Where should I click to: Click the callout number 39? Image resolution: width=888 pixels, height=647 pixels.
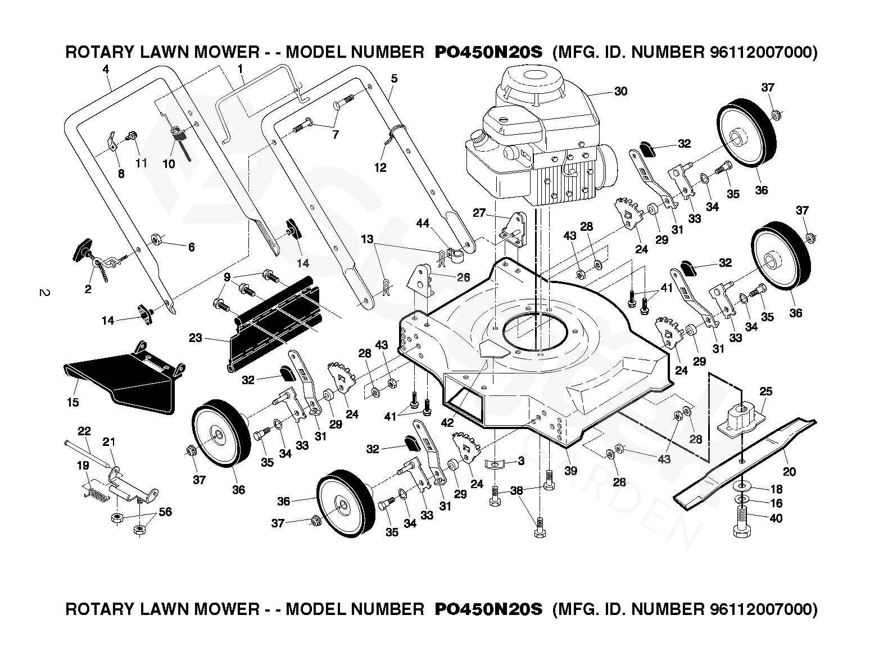pyautogui.click(x=570, y=471)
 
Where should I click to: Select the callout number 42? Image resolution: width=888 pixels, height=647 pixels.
pyautogui.click(x=447, y=423)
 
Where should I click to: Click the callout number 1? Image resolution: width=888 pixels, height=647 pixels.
pyautogui.click(x=241, y=70)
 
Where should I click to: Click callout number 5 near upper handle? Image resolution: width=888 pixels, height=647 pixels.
pyautogui.click(x=394, y=79)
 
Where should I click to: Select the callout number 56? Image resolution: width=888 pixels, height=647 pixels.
pyautogui.click(x=165, y=512)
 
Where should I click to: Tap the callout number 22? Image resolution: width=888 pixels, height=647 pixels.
pyautogui.click(x=84, y=431)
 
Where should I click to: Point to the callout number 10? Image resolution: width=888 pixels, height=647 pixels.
pyautogui.click(x=169, y=165)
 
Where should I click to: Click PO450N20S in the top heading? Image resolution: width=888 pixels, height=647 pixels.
pyautogui.click(x=488, y=53)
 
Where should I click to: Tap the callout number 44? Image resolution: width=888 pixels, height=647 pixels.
pyautogui.click(x=423, y=224)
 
